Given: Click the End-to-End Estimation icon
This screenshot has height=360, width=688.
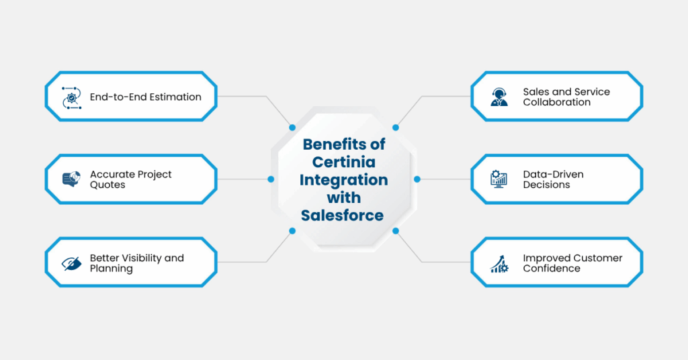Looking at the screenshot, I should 71,97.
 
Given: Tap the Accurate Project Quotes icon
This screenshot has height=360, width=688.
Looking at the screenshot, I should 71,179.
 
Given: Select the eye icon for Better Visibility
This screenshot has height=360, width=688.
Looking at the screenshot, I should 71,263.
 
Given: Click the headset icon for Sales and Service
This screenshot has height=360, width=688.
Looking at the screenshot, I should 499,97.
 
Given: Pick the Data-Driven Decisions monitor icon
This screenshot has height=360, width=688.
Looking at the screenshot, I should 499,179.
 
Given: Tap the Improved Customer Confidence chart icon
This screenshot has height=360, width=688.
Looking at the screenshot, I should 499,263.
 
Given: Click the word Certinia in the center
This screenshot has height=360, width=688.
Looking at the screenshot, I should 343,162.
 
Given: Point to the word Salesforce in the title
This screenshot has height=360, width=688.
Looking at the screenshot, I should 343,215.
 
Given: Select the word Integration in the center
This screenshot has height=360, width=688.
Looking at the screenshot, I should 343,180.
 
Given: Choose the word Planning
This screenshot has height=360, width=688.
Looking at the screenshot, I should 112,269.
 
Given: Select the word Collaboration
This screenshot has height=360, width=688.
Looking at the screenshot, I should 557,102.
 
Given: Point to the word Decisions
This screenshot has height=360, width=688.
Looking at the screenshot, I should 546,185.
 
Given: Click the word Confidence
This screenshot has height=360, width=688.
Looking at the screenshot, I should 552,269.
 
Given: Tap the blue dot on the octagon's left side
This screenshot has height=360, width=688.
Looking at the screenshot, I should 271,179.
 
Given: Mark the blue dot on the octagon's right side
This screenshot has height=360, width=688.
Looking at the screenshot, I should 417,179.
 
